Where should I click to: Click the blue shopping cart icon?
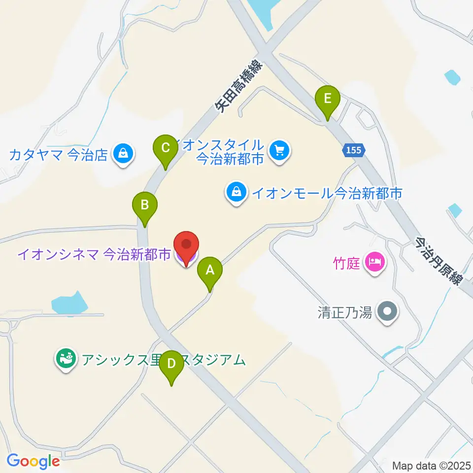coord(280,149)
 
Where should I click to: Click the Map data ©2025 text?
coord(431,465)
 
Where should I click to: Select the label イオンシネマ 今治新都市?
coord(94,255)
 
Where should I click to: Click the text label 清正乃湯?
coord(344,312)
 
